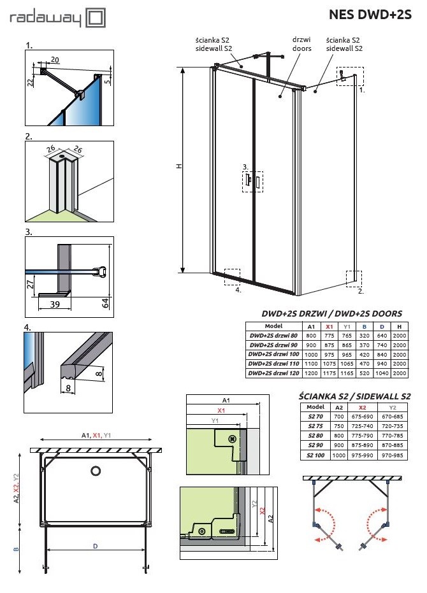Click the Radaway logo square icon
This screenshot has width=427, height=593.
point(96,18)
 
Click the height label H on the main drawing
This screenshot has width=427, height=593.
point(180,166)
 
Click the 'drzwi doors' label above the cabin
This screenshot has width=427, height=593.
point(302,43)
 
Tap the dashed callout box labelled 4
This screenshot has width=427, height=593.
point(232,277)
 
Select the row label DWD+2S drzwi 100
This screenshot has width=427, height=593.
point(273,354)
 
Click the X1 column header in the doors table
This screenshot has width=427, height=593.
point(329,325)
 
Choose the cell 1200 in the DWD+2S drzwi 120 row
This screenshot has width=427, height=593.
point(311,373)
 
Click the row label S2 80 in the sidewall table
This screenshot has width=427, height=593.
point(315,436)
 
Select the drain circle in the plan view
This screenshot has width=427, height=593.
point(96,471)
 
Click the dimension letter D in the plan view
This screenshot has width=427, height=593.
point(95,546)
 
